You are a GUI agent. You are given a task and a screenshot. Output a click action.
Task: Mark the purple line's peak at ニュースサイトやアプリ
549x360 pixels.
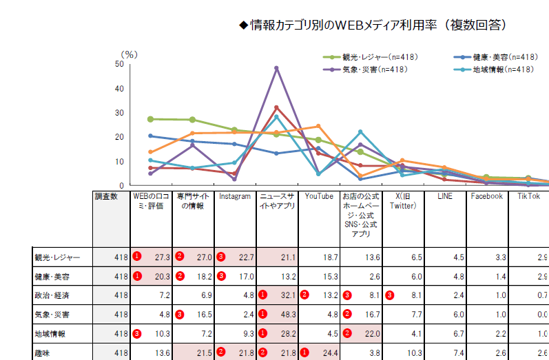pyautogui.click(x=276, y=68)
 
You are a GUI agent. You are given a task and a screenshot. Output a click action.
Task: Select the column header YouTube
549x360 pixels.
pyautogui.click(x=320, y=196)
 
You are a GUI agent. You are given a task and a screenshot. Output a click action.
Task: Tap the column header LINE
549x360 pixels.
pyautogui.click(x=445, y=196)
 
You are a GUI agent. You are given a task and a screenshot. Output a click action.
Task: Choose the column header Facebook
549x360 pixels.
pyautogui.click(x=486, y=196)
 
